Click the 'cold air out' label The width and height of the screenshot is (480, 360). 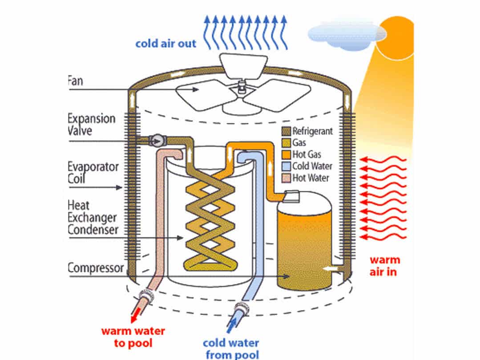[165, 44]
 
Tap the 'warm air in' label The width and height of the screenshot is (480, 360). [385, 266]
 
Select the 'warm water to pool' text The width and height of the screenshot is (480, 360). [133, 337]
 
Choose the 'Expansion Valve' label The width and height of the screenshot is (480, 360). [91, 125]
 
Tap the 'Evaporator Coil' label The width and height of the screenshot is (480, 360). [93, 173]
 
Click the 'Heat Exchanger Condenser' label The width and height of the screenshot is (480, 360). [93, 218]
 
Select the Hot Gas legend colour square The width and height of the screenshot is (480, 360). [286, 154]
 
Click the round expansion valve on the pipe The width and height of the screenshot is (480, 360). [157, 140]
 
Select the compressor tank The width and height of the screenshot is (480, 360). [304, 240]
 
